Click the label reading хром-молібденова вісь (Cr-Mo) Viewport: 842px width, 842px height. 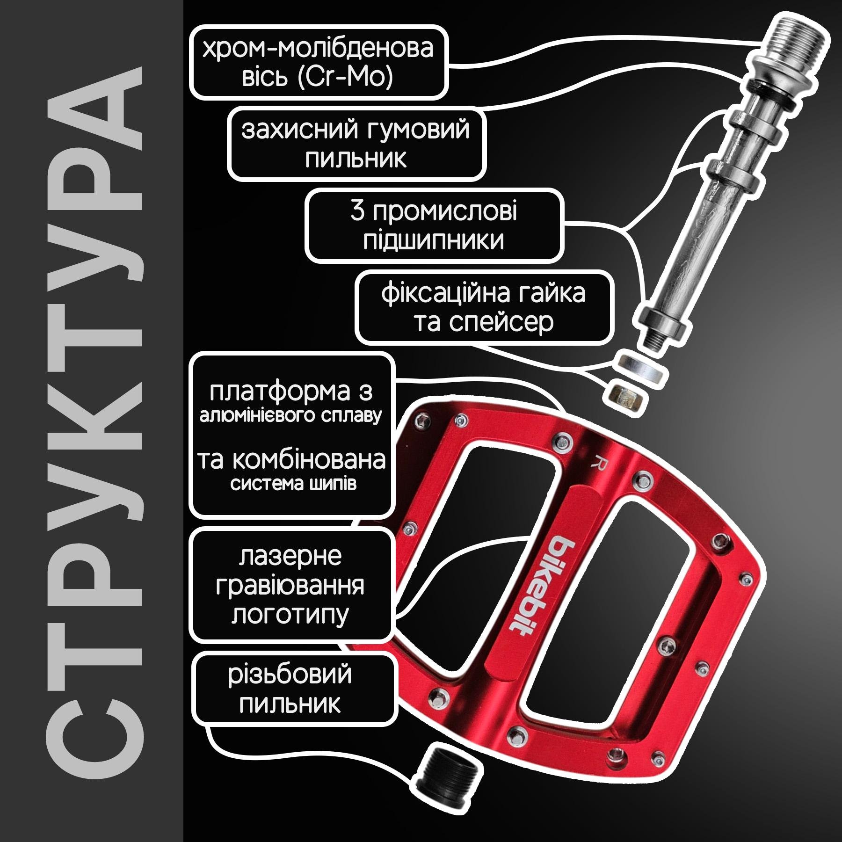coord(319,62)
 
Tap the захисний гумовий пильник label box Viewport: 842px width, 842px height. coord(356,144)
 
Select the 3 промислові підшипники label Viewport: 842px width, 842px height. coord(434,225)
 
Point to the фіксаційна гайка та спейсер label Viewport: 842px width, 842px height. coord(484,308)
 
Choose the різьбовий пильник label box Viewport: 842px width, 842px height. coord(294,690)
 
